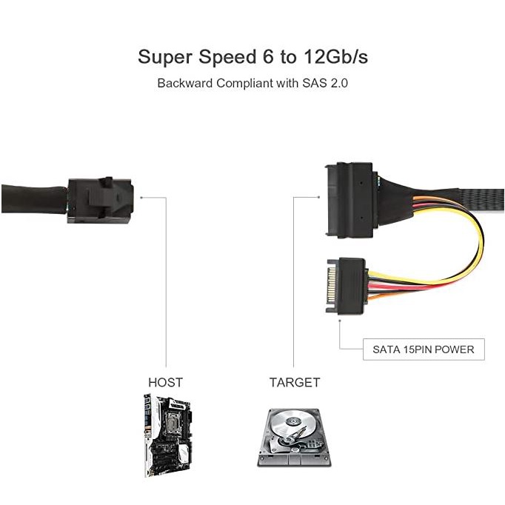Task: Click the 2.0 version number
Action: coord(338,82)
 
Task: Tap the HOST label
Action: coord(165,382)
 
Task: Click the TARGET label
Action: coord(294,382)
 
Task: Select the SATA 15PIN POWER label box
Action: coord(423,350)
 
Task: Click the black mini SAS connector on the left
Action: coord(98,198)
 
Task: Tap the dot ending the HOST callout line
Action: coord(141,197)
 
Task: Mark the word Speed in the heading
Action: coord(221,57)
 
